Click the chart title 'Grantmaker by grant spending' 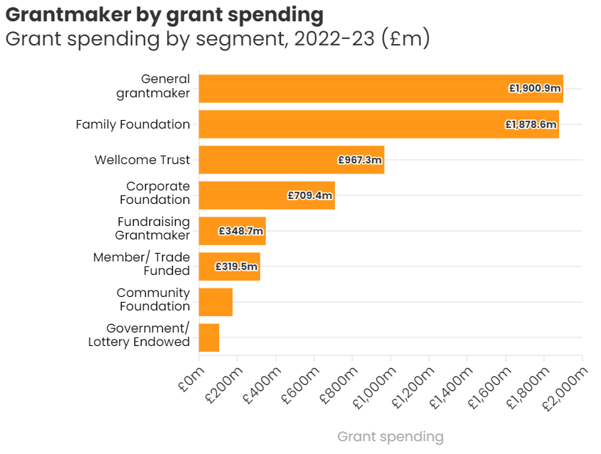164,14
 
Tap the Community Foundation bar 216,302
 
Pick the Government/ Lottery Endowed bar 209,337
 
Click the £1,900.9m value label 535,89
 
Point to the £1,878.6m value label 531,124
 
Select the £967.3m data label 360,160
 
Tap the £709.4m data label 310,195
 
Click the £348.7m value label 241,231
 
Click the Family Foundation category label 133,124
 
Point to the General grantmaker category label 154,86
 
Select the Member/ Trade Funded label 142,264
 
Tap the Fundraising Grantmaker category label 154,228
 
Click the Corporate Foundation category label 154,193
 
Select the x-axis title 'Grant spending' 390,436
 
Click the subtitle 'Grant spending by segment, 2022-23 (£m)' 218,38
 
